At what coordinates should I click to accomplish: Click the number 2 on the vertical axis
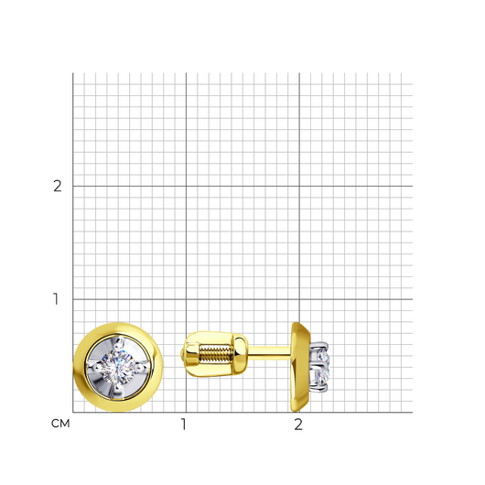(x=58, y=186)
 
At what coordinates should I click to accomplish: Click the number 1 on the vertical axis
(x=56, y=299)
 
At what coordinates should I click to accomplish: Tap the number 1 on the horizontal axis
(x=184, y=425)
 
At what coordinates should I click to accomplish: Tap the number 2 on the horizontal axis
(x=298, y=425)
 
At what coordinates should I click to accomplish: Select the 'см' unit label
(x=60, y=424)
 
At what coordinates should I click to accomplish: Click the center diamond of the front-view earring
(x=118, y=368)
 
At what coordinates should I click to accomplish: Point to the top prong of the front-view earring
(x=119, y=342)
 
